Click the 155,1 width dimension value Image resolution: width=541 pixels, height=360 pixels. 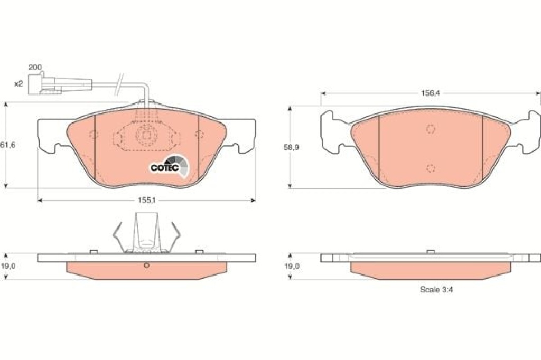(147, 200)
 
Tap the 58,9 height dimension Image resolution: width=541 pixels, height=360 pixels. (291, 147)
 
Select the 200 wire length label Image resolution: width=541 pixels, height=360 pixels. (35, 67)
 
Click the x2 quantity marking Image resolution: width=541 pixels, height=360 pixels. (18, 83)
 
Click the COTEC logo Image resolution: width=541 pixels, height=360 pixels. (170, 166)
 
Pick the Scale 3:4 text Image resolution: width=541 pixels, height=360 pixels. (436, 290)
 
